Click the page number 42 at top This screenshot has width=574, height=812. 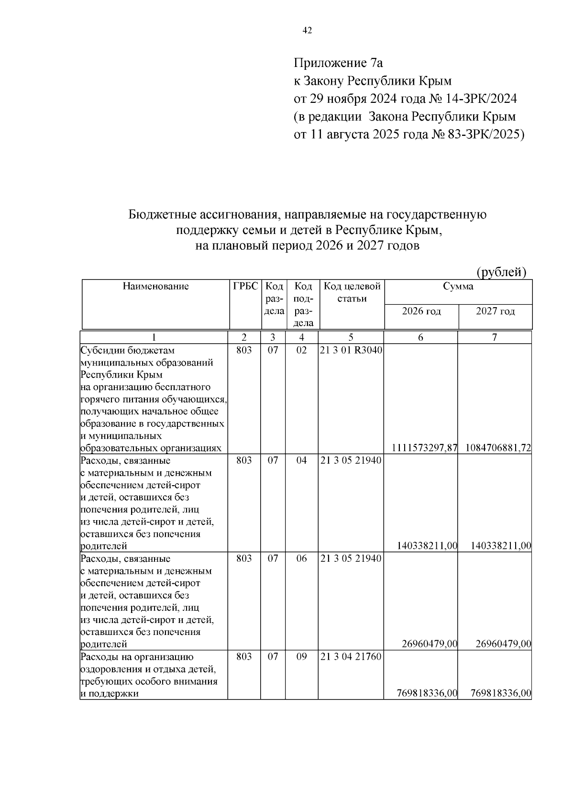point(308,31)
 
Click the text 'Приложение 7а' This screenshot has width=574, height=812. point(339,63)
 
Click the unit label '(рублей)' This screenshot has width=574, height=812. point(502,272)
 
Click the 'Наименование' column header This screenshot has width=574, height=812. point(155,287)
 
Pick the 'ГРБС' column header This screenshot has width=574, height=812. point(245,287)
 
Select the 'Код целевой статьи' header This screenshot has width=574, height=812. point(352,292)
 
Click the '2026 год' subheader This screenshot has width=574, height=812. point(421,311)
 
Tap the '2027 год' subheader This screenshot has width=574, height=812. point(496,311)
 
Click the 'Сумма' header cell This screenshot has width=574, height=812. point(458,287)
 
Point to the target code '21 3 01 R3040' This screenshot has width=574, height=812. point(351,350)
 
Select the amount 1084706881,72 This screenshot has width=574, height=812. point(497,448)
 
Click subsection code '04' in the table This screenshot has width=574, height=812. point(301,461)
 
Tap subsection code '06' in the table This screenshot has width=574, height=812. point(301,559)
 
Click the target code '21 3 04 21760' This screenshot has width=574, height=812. point(351,657)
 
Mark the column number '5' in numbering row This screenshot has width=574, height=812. point(351,337)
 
